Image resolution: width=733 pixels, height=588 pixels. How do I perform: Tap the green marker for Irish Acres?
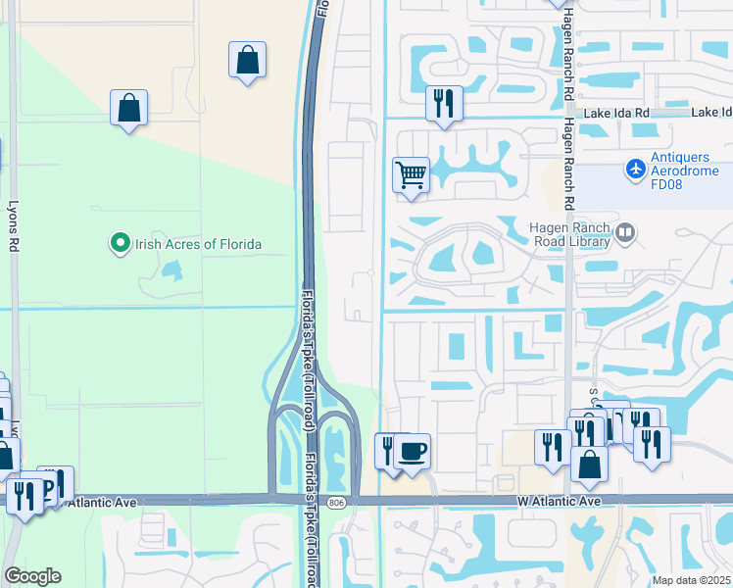point(120,242)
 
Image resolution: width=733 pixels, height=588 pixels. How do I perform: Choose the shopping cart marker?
point(412,176)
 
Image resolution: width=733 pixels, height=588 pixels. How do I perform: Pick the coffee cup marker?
point(412,451)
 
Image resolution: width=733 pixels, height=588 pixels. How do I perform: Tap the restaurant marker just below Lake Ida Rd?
point(444,104)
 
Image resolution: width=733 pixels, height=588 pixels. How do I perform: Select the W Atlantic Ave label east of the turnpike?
point(559,502)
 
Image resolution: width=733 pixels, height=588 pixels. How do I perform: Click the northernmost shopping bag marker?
point(248,60)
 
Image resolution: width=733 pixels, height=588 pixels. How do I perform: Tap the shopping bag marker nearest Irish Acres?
point(128,109)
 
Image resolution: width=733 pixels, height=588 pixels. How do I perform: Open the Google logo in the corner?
point(32,576)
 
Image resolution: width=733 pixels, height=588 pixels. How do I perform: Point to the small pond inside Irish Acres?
point(172,269)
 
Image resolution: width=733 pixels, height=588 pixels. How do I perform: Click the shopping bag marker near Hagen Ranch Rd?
point(589,465)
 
